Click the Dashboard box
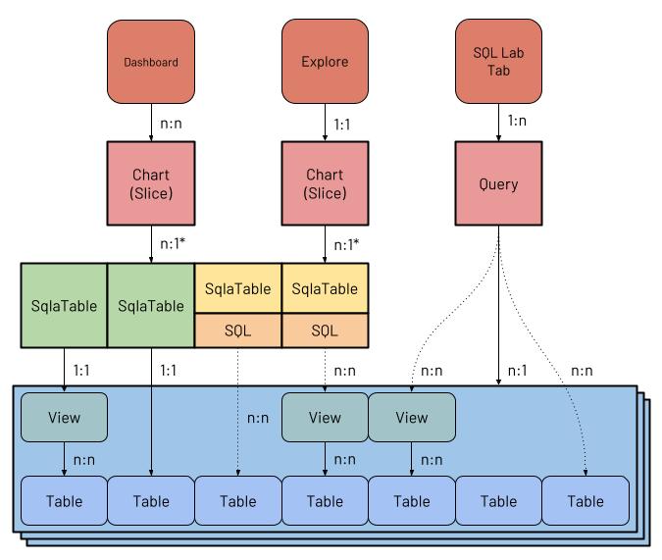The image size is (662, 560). [x=151, y=62]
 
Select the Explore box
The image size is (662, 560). [x=325, y=62]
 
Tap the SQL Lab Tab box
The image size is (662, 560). [x=498, y=62]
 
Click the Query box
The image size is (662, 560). [x=498, y=183]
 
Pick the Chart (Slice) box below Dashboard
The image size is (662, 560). [x=151, y=183]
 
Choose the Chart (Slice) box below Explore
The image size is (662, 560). [x=325, y=183]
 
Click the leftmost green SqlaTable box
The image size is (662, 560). [x=64, y=305]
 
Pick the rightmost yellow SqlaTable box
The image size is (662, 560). [x=325, y=288]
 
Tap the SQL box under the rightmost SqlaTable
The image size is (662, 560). [x=325, y=331]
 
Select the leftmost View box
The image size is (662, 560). [x=64, y=417]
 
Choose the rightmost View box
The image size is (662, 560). [x=412, y=417]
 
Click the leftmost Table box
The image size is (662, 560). [x=64, y=501]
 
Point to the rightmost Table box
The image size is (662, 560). [x=586, y=501]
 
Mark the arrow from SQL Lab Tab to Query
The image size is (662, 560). [x=498, y=122]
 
